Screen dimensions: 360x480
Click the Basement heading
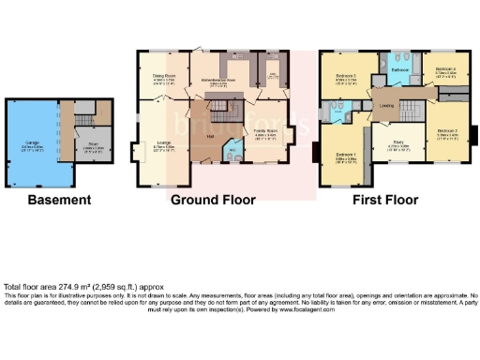59,200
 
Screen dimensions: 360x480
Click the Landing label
385,106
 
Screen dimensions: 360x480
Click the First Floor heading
385,200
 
